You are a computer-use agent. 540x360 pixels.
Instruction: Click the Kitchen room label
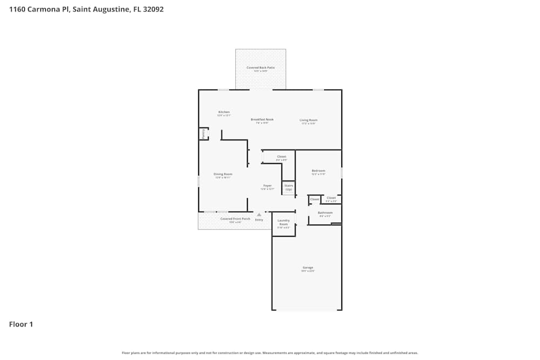224,112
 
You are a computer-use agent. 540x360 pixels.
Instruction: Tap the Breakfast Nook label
262,119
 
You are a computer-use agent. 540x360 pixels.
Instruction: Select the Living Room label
308,120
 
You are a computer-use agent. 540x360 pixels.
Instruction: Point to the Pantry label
203,134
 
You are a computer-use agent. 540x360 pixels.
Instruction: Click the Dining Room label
223,174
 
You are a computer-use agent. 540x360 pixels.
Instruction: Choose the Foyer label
267,186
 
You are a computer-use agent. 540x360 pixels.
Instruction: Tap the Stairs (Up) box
288,187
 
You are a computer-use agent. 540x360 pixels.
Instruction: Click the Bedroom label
318,171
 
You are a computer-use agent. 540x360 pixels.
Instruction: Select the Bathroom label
325,213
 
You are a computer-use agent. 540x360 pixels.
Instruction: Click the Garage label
308,268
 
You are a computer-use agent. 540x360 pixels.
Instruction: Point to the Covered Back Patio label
261,67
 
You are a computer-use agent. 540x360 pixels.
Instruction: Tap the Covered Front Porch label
235,219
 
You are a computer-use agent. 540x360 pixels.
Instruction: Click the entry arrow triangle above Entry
259,215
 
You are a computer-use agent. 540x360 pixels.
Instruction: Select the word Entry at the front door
259,220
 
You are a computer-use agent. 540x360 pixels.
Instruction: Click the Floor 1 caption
21,324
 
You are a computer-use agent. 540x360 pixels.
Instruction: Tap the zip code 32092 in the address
152,9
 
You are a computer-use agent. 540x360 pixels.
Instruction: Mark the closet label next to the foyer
281,157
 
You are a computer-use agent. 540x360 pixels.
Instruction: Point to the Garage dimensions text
308,271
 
